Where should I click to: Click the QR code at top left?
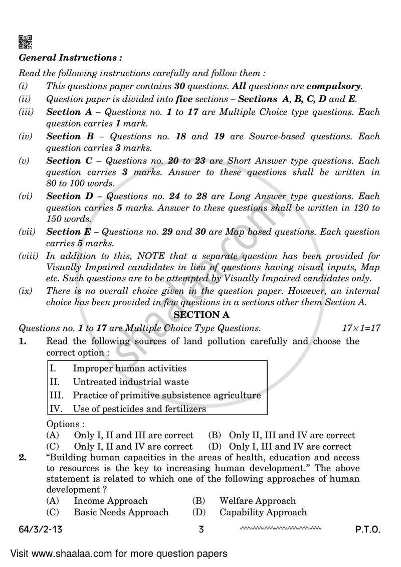[x=26, y=42]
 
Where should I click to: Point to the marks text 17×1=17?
[x=361, y=328]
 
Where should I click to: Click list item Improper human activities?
[x=129, y=368]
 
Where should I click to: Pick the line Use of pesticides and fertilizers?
[x=139, y=409]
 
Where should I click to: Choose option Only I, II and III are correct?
[x=133, y=435]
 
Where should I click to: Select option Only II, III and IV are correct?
[x=291, y=435]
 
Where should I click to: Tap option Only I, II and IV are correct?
[x=133, y=446]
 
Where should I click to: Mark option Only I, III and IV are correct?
[x=290, y=446]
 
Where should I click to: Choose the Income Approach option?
[x=111, y=501]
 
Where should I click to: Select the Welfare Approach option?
[x=257, y=501]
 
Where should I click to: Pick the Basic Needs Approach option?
[x=121, y=512]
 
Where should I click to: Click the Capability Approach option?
[x=263, y=512]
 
